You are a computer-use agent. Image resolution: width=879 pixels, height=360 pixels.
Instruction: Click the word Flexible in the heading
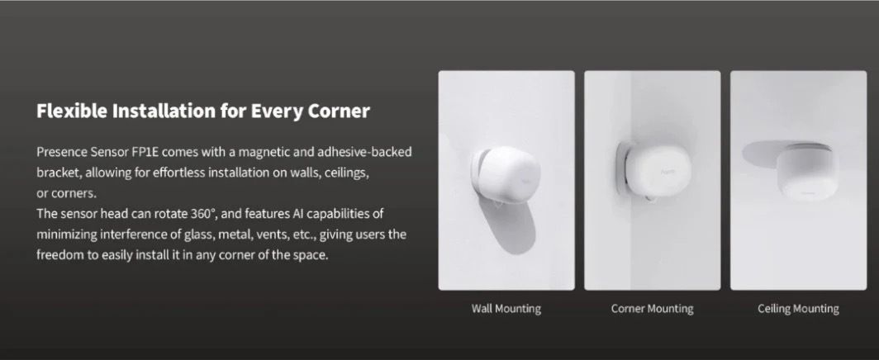[x=72, y=111]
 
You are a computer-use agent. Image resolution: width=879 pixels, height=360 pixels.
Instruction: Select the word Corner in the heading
[x=339, y=111]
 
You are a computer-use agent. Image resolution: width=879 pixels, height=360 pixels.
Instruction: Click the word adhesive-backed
[x=364, y=152]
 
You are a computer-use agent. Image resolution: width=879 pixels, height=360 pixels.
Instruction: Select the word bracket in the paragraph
[x=59, y=173]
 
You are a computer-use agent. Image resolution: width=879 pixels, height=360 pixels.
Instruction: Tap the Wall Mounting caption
[x=506, y=309]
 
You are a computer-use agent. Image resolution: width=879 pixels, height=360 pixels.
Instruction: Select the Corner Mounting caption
[x=652, y=309]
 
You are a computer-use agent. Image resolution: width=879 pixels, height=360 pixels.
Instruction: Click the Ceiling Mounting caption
[x=798, y=309]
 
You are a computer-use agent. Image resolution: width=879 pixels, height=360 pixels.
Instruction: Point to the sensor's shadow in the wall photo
[x=514, y=227]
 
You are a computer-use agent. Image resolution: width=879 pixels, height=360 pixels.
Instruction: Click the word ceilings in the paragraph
[x=346, y=173]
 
